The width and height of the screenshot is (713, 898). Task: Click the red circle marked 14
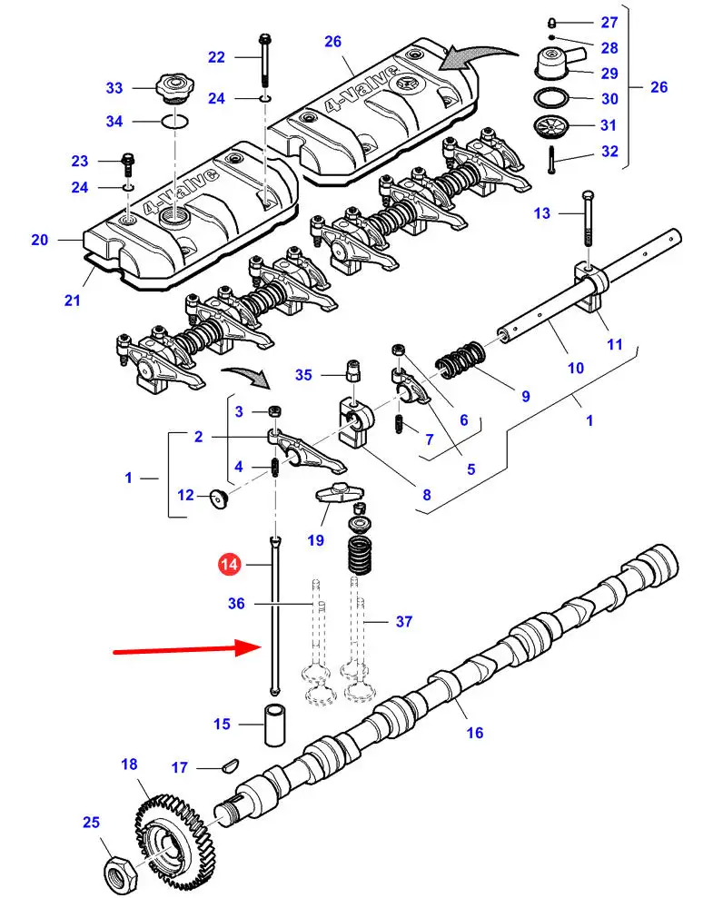click(231, 565)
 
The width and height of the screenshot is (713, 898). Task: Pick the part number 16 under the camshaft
click(474, 732)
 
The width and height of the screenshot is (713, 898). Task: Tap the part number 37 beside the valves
click(403, 622)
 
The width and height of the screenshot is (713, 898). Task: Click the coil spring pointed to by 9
click(464, 360)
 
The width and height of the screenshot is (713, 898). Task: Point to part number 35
click(303, 374)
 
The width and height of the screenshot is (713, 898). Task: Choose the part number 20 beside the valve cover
click(39, 241)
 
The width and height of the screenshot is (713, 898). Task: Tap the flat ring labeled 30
click(550, 98)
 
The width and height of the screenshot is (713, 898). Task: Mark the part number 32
click(609, 152)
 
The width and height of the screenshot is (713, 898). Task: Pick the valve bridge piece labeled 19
click(338, 494)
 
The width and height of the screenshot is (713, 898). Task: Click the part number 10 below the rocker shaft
click(576, 368)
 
